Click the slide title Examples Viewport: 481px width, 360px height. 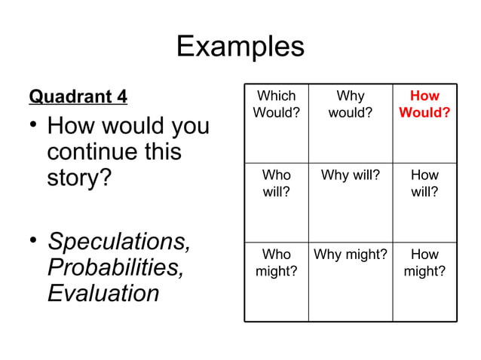tap(240, 47)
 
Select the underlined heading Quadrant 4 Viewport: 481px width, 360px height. tap(78, 97)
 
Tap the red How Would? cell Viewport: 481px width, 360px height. tap(424, 105)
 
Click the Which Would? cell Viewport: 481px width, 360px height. tap(276, 105)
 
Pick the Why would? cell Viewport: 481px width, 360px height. tap(350, 105)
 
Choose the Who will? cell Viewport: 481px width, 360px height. tap(276, 183)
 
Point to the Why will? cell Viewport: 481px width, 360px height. tap(350, 175)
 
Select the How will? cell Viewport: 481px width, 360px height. tap(424, 183)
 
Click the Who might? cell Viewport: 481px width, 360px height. tap(276, 262)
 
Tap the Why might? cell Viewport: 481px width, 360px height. tap(350, 255)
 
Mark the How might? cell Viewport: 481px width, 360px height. tap(424, 262)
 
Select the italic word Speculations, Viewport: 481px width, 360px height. tap(118, 243)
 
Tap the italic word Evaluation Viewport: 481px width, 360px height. tap(103, 292)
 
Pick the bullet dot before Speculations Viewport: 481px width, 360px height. tap(33, 241)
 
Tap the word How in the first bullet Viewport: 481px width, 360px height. tap(69, 125)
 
